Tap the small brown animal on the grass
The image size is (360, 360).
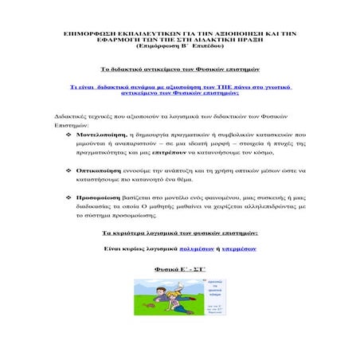coord(152,306)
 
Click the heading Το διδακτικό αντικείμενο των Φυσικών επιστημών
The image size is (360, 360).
coord(181,70)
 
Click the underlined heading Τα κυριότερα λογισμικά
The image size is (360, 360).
coord(180,233)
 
